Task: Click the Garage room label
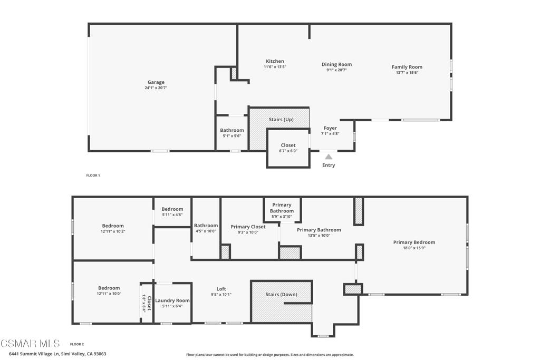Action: (x=156, y=82)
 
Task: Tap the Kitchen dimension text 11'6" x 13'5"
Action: (x=274, y=67)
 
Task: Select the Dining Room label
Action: (x=336, y=64)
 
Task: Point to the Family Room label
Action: (x=407, y=67)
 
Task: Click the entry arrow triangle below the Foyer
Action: (x=329, y=157)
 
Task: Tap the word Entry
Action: (x=329, y=165)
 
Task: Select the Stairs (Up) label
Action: (x=281, y=120)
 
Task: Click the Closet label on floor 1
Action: (x=288, y=145)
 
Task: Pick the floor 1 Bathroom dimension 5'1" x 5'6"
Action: (x=232, y=136)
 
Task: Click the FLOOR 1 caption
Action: (x=93, y=175)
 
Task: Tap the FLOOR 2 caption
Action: (x=77, y=344)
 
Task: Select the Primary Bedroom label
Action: (x=414, y=242)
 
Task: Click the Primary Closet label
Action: (x=248, y=227)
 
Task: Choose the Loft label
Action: (x=221, y=289)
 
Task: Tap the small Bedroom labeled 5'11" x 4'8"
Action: (x=172, y=209)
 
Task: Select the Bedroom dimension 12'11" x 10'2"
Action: (x=113, y=231)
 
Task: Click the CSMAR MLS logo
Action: (x=30, y=344)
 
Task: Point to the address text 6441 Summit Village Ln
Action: (x=31, y=354)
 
